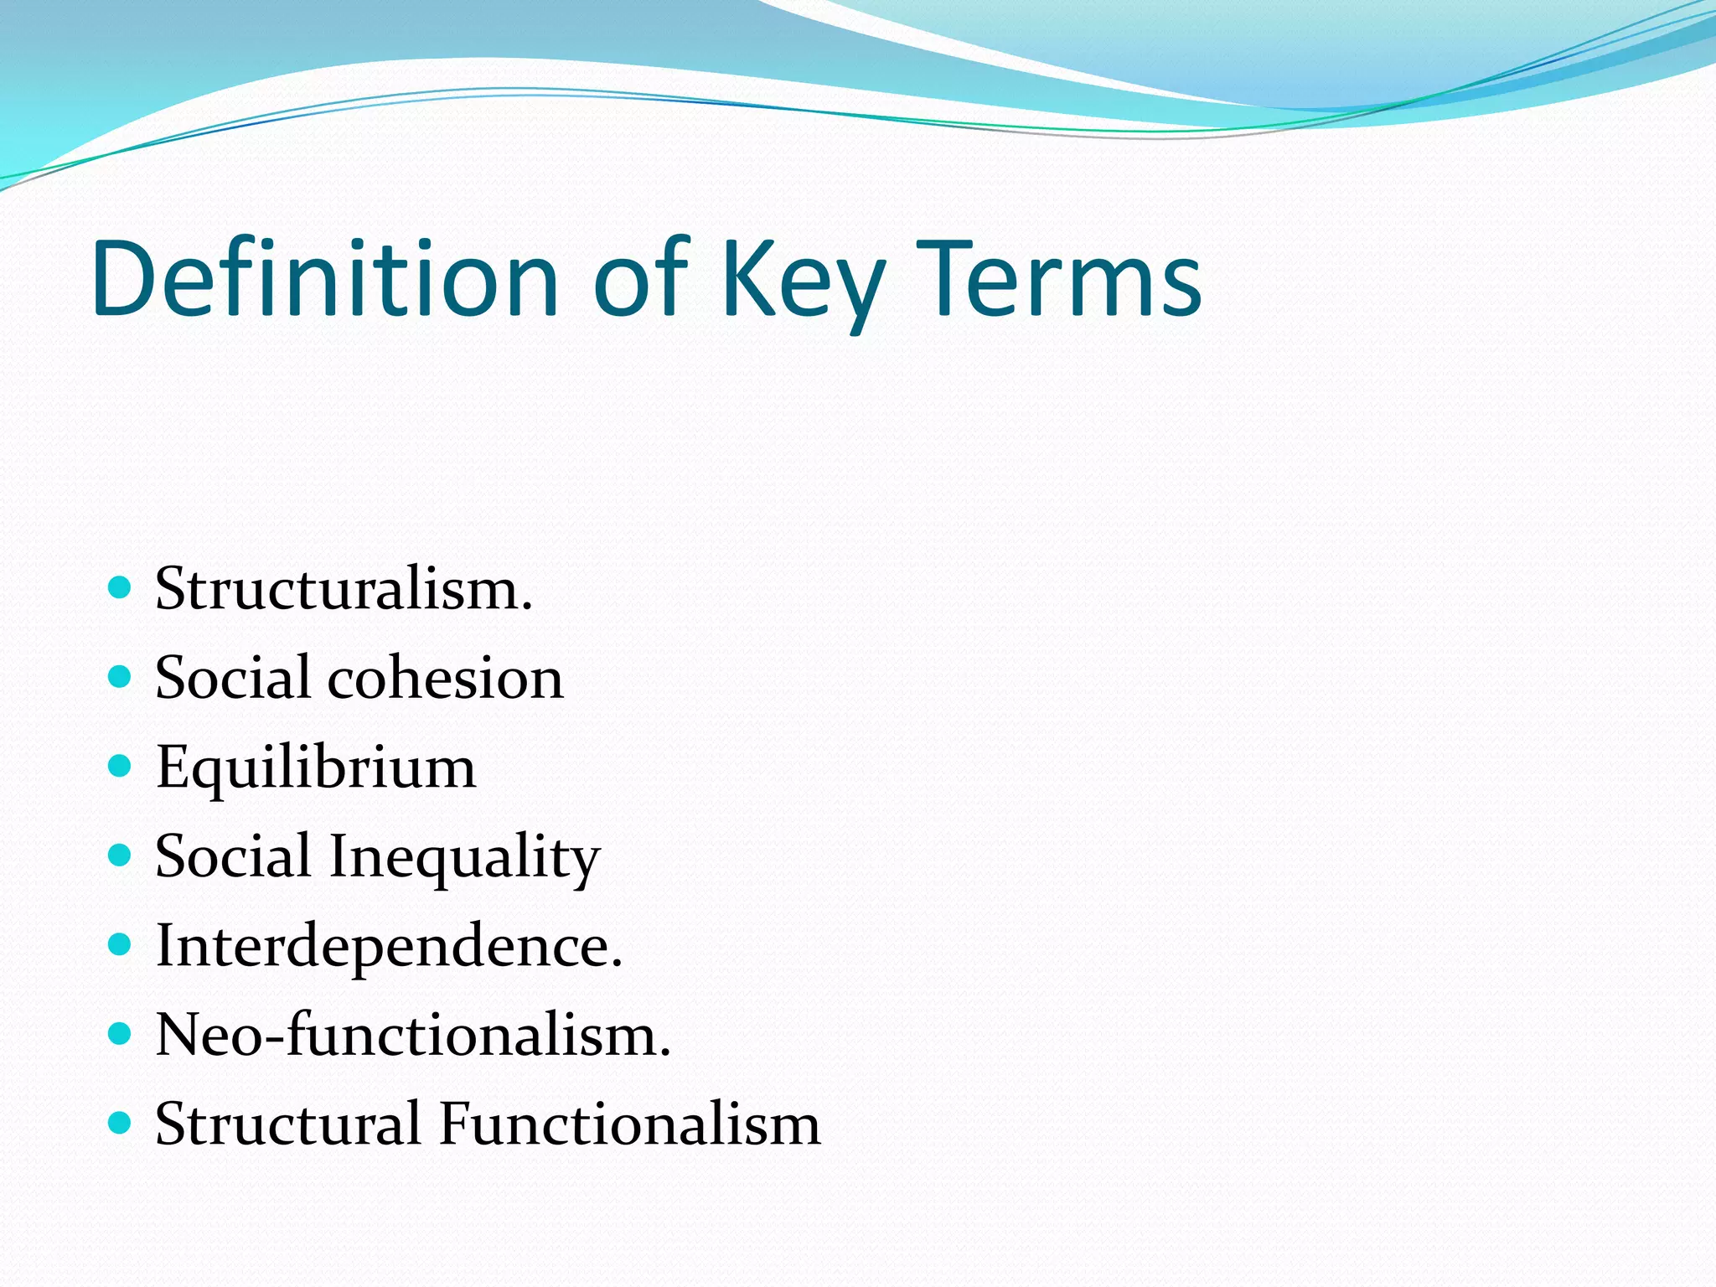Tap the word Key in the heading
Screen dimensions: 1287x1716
[803, 281]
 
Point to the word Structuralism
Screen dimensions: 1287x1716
[344, 589]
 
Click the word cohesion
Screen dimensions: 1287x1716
[445, 678]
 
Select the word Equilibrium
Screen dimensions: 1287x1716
[316, 768]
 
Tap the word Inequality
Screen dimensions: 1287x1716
[464, 857]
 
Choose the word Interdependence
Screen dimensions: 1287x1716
[389, 946]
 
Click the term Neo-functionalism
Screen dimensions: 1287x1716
[413, 1035]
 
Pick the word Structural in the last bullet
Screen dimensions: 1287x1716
[287, 1124]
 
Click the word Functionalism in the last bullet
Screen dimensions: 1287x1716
[629, 1124]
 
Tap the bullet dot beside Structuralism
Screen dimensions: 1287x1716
[121, 587]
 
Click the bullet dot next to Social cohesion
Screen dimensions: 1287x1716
[121, 676]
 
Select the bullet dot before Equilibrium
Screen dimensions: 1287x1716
[121, 765]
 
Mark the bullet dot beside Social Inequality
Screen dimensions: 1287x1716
[121, 855]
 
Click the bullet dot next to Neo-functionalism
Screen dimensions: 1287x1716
[121, 1033]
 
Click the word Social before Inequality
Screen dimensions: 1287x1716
[233, 857]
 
